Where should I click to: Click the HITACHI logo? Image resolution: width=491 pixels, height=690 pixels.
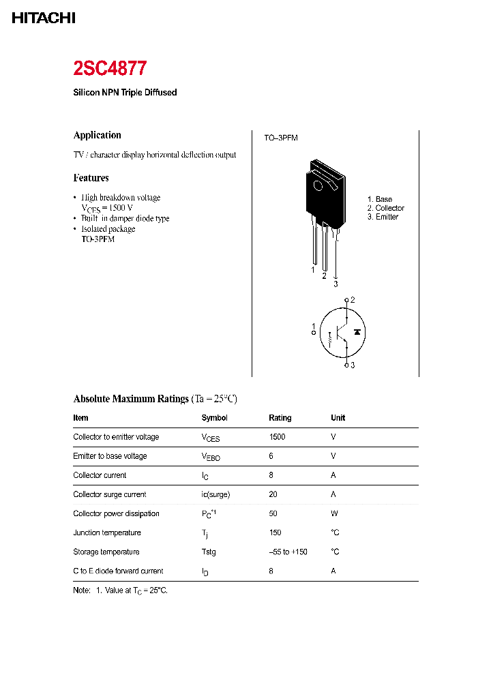click(44, 18)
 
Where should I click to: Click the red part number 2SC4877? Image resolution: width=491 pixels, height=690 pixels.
click(110, 68)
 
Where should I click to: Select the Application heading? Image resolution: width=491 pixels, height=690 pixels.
click(97, 135)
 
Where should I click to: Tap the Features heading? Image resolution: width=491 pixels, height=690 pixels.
click(91, 178)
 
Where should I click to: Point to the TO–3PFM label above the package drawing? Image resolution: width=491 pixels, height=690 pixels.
click(281, 138)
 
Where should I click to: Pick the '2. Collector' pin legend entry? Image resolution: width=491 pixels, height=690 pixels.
click(385, 208)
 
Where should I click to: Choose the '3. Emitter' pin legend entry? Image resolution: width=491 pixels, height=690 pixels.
click(383, 217)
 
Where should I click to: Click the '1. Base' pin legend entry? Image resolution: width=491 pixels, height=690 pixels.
click(380, 199)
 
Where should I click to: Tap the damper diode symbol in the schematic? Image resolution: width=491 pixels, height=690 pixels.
click(357, 331)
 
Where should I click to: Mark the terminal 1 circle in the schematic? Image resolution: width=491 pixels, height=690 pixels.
click(314, 333)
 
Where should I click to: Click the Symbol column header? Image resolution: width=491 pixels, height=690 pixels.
click(214, 418)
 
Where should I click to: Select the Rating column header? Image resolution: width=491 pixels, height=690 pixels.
click(280, 418)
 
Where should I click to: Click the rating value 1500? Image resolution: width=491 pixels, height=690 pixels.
click(277, 437)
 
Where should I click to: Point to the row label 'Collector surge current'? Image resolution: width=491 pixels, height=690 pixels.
click(109, 494)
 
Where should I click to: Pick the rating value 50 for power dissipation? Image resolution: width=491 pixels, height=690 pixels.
click(273, 513)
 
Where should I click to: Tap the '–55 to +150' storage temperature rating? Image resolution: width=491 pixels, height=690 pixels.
click(288, 552)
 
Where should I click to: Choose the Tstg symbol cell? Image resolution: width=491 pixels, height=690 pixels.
click(209, 552)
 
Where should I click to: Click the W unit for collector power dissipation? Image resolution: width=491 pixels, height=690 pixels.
click(333, 513)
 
